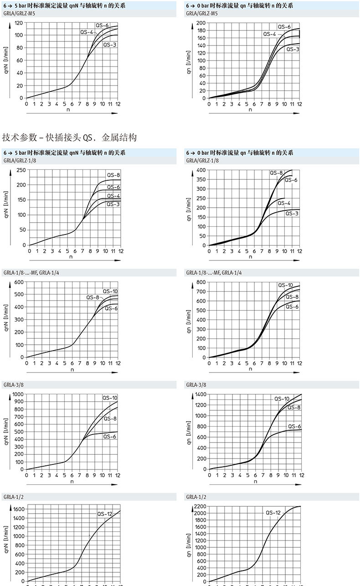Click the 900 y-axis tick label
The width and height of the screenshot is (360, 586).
18,401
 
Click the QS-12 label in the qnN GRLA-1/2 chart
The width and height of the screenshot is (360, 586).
104,514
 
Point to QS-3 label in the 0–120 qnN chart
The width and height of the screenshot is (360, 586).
109,45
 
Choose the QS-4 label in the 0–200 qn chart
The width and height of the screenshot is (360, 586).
269,34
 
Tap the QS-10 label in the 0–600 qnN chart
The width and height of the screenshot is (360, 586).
110,291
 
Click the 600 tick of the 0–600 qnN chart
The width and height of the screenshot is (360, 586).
18,282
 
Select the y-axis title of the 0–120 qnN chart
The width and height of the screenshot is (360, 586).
6,64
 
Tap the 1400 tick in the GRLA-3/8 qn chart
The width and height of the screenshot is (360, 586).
200,394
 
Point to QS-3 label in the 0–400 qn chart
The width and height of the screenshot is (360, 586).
292,213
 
